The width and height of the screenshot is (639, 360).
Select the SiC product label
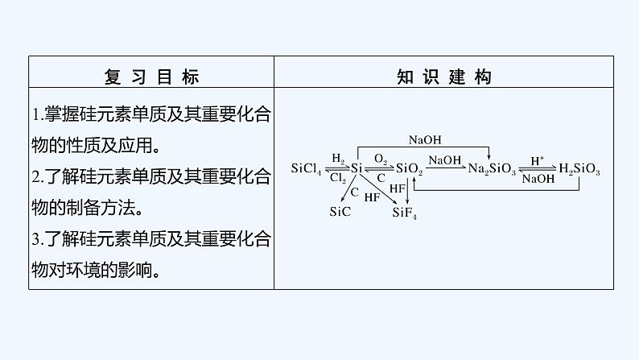point(341,212)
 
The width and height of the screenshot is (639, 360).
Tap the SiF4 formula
point(404,213)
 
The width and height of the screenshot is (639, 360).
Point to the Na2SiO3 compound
point(492,169)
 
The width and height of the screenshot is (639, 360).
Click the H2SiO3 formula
point(579,169)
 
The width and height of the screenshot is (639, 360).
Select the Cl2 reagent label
point(338,178)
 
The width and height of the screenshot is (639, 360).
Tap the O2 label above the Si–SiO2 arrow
point(381,159)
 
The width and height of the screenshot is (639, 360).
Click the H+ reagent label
point(538,159)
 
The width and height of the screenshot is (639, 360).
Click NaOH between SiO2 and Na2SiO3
point(445,160)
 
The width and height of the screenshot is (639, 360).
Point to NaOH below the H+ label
point(538,179)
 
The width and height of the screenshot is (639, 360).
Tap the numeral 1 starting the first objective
point(37,115)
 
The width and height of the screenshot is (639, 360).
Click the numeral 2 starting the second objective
point(37,176)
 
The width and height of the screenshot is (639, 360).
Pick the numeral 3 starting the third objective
point(37,238)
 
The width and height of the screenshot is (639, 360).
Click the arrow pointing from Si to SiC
point(348,188)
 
